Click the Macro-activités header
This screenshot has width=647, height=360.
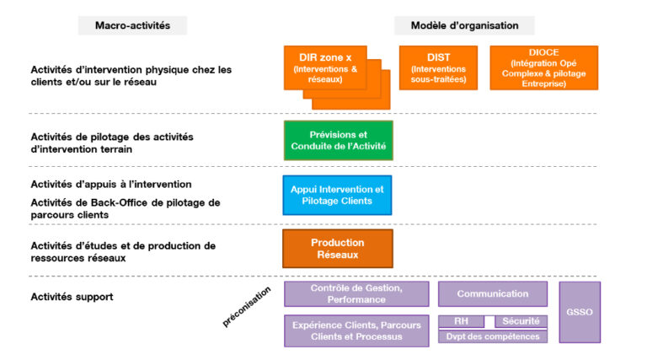pos(132,25)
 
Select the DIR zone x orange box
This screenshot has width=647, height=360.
pos(326,67)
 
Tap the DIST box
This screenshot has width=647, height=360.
pos(438,68)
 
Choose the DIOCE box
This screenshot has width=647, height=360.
pos(543,68)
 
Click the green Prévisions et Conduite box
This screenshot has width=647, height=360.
pos(338,140)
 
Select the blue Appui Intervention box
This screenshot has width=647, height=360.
pos(337,195)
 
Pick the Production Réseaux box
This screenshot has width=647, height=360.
pos(337,248)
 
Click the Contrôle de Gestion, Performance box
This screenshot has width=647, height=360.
pos(356,293)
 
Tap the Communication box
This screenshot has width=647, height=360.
pos(493,293)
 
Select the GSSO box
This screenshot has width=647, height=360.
pos(580,312)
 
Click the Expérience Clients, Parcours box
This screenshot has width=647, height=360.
pos(356,330)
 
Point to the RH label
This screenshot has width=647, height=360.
pos(461,321)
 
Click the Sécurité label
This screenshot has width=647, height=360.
pos(521,321)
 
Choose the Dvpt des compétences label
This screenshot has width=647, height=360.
pos(493,336)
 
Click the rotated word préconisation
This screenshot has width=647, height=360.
pos(247,305)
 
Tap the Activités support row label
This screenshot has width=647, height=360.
pos(72,297)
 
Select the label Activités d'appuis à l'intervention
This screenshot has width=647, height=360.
pos(111,184)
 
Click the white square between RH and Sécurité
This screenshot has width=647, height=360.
pos(489,321)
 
